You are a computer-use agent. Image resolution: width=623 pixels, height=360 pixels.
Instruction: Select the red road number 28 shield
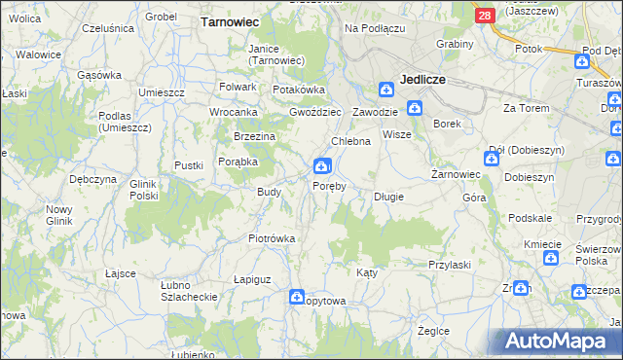click(x=485, y=16)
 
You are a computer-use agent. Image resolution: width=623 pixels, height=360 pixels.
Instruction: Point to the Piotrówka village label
click(x=272, y=238)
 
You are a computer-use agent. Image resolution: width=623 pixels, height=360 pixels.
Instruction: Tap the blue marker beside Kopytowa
click(x=297, y=299)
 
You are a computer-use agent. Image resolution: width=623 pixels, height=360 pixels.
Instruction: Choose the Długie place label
click(x=388, y=197)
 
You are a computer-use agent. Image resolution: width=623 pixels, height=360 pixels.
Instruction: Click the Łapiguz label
click(x=252, y=279)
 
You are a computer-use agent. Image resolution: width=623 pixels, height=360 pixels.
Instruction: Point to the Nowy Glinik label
click(x=59, y=215)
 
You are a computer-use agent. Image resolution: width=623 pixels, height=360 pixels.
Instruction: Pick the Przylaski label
click(x=450, y=264)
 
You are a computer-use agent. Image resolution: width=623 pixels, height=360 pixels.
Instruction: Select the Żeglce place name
click(x=433, y=331)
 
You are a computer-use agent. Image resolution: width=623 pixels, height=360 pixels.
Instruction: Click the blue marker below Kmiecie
click(x=550, y=259)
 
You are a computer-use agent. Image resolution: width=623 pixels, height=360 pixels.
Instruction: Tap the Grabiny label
click(x=455, y=44)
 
